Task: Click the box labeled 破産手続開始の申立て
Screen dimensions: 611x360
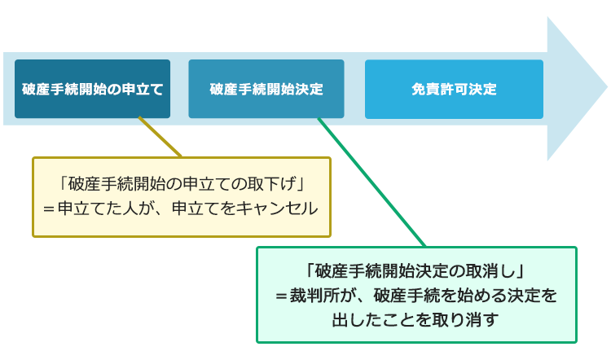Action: click(x=92, y=89)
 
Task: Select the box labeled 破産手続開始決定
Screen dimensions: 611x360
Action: click(x=266, y=89)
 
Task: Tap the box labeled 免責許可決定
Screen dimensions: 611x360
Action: click(x=454, y=90)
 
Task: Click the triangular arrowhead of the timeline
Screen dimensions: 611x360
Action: click(x=577, y=89)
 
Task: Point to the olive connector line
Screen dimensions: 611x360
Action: click(x=160, y=137)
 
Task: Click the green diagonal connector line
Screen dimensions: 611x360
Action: click(x=371, y=182)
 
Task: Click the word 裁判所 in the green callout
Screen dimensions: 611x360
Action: click(x=314, y=296)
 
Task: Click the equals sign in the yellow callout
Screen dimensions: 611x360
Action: click(x=49, y=209)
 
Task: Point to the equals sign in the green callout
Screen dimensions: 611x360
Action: click(x=281, y=296)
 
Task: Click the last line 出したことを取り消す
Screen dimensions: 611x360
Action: click(x=415, y=320)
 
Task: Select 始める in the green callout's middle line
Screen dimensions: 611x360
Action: click(x=482, y=296)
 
